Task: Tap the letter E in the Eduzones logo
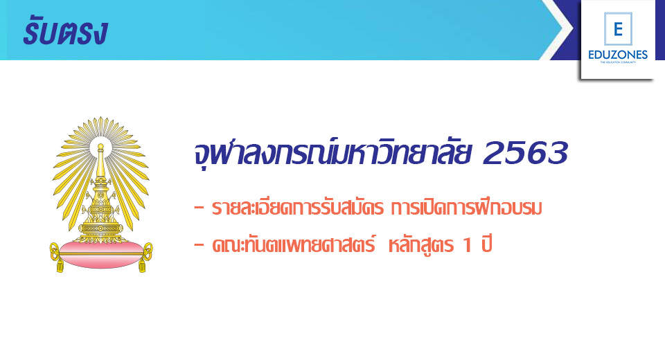618,29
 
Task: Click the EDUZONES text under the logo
618,55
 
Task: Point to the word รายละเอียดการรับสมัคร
298,208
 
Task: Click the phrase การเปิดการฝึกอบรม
466,208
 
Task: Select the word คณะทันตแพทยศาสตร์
294,244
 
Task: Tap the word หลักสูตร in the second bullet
420,245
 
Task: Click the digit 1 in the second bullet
468,245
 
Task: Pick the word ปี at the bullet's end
486,244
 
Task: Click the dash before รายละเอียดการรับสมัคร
199,208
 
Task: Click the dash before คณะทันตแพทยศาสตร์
199,246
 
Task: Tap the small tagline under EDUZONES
618,62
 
